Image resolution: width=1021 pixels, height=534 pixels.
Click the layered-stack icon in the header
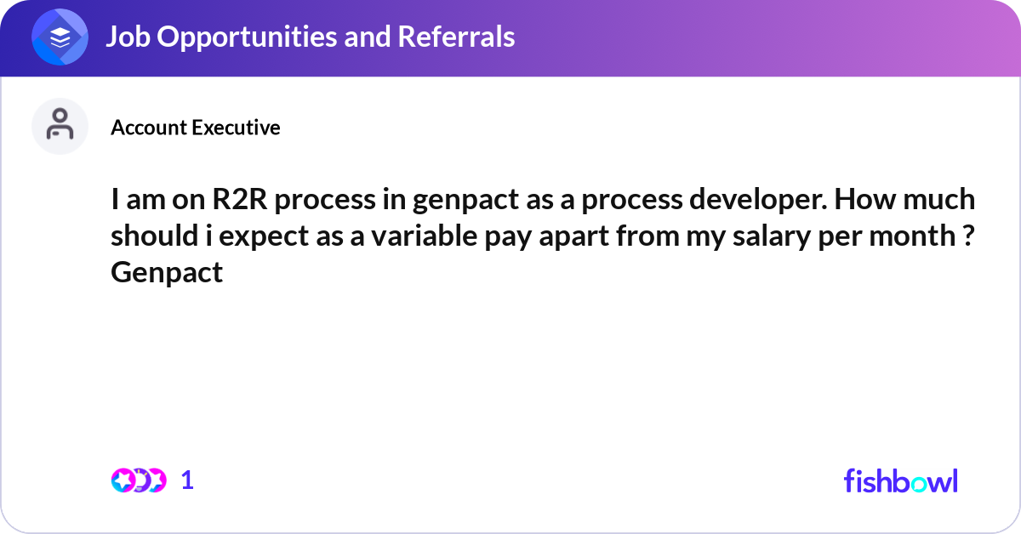click(x=60, y=37)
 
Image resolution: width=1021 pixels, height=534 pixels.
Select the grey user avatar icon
click(x=60, y=126)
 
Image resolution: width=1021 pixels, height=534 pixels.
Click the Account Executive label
click(x=195, y=128)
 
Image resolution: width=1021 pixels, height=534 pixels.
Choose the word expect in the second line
click(x=259, y=236)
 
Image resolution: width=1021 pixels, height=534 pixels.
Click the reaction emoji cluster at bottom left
click(x=138, y=480)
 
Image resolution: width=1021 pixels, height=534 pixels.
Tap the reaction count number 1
click(x=187, y=480)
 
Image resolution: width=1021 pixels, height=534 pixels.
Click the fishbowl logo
click(x=900, y=480)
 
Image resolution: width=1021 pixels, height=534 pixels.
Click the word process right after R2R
click(x=325, y=201)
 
